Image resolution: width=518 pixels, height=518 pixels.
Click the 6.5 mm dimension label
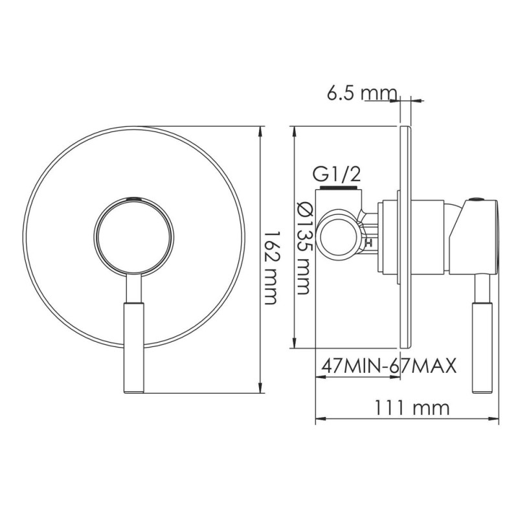tap(361, 93)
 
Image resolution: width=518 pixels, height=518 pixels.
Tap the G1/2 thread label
tap(336, 175)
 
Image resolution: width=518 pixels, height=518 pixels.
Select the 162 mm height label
tap(270, 267)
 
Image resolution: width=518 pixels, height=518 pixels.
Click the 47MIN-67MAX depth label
tap(389, 365)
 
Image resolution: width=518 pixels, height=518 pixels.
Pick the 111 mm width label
tap(412, 408)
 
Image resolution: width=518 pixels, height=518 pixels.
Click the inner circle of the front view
tap(133, 236)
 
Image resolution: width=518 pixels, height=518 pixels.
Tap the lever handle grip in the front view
tap(133, 348)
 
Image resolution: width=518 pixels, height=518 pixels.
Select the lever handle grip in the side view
tap(482, 348)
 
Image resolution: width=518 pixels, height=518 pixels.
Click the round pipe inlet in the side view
tap(336, 235)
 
